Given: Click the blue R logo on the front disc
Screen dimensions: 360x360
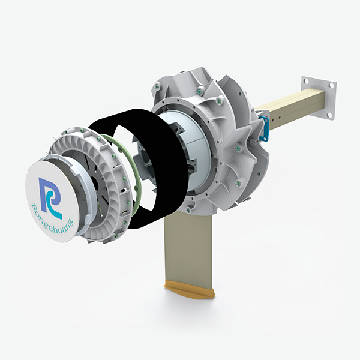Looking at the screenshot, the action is coord(50,196).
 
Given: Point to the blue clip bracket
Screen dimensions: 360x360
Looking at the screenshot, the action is coord(264,129).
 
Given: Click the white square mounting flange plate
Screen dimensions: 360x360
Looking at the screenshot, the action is coord(318,98).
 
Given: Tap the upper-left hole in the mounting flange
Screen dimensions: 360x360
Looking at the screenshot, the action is coord(306,81).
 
